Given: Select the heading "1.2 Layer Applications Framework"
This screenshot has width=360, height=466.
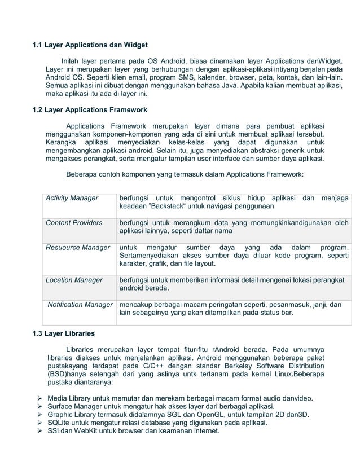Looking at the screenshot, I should click(x=90, y=109).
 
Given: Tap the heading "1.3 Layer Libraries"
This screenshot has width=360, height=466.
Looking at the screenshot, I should click(x=63, y=333).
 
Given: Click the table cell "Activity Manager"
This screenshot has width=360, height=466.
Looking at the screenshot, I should click(x=72, y=198).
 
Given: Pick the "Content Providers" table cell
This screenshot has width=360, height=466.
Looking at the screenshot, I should click(x=74, y=223).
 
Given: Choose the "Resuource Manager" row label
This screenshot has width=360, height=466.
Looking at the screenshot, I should click(x=78, y=247).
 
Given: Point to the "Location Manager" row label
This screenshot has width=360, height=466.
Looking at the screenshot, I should click(x=74, y=280).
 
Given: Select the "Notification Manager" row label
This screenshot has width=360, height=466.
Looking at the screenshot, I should click(x=80, y=305).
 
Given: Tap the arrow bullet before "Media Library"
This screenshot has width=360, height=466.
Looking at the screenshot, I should click(x=39, y=398).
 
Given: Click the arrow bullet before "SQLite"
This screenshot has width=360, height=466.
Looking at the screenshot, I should click(x=39, y=423).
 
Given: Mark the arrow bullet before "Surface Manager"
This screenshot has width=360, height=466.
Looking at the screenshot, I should click(x=39, y=407).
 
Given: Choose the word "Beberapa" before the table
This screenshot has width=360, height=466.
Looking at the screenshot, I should click(x=83, y=175).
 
